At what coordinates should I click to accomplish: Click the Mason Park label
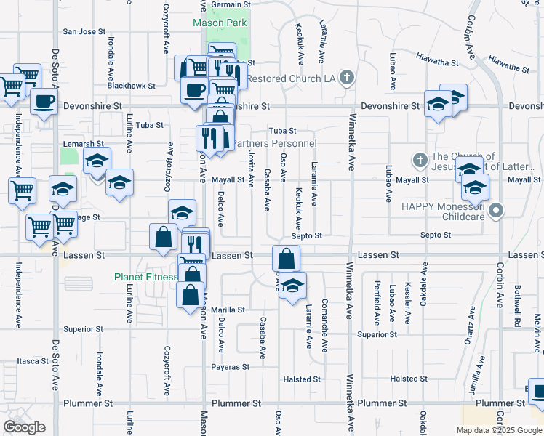[220, 23]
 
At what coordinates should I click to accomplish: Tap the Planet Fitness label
[145, 277]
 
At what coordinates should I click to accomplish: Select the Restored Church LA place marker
[348, 78]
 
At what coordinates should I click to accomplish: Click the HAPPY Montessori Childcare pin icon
[496, 211]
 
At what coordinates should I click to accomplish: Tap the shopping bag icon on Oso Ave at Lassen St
[287, 257]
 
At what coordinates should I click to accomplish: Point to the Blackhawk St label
[131, 86]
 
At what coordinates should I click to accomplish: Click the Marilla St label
[228, 310]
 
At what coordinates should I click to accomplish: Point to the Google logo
[24, 428]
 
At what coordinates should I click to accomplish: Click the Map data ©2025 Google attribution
[498, 430]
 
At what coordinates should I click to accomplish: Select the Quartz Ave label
[471, 320]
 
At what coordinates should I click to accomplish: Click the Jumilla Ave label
[477, 382]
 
